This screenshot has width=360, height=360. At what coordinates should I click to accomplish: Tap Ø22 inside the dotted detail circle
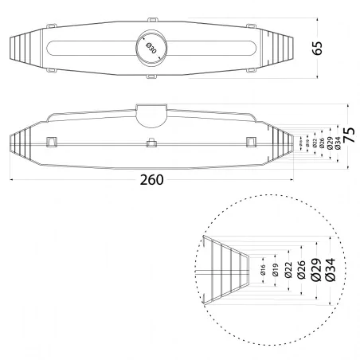click(288, 273)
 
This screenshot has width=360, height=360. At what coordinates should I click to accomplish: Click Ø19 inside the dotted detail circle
click(276, 274)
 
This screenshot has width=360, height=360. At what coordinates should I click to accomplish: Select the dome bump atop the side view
click(150, 113)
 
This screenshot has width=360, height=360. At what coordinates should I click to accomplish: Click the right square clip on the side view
click(251, 142)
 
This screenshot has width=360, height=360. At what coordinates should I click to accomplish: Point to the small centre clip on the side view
click(151, 143)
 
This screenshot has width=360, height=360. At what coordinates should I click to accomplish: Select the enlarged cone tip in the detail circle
click(227, 271)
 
